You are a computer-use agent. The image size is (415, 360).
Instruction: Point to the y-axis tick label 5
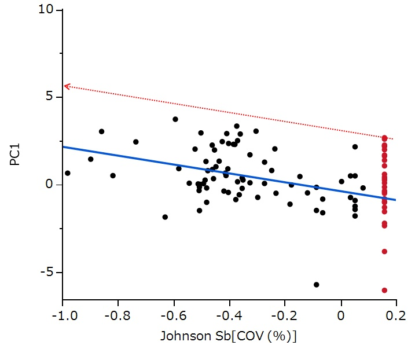[x=51, y=97]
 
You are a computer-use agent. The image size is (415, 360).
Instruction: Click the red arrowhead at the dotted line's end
[x=66, y=86]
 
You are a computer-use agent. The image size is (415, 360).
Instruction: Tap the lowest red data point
[x=384, y=291]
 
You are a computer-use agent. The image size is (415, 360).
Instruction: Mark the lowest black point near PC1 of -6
[x=317, y=285]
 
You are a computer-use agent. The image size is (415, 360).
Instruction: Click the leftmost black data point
[x=68, y=173]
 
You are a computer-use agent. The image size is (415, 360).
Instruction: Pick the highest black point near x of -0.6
[x=175, y=119]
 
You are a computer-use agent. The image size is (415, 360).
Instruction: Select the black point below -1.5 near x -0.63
[x=165, y=217]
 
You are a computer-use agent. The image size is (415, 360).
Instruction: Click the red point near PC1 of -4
[x=384, y=251]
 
